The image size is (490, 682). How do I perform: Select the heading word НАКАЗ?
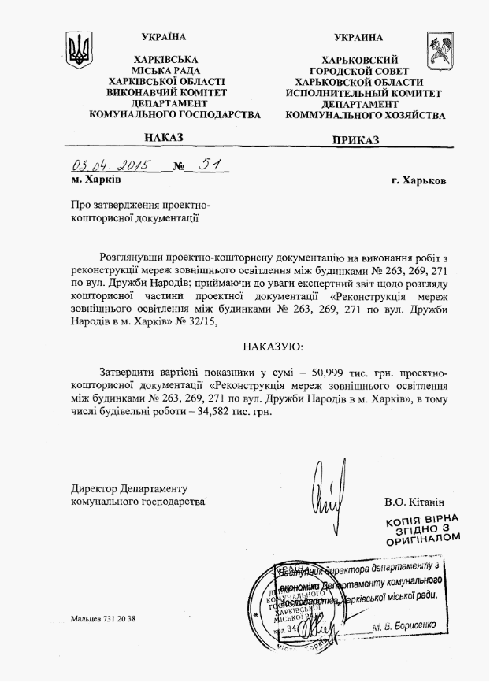(x=164, y=138)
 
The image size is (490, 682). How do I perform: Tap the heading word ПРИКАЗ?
(x=355, y=139)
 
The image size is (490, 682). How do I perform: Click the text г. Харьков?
(x=417, y=180)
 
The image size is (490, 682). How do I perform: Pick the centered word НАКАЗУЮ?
(x=272, y=347)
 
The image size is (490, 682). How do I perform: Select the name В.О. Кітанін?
(x=414, y=501)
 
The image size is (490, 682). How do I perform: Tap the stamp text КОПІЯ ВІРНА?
(x=421, y=521)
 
